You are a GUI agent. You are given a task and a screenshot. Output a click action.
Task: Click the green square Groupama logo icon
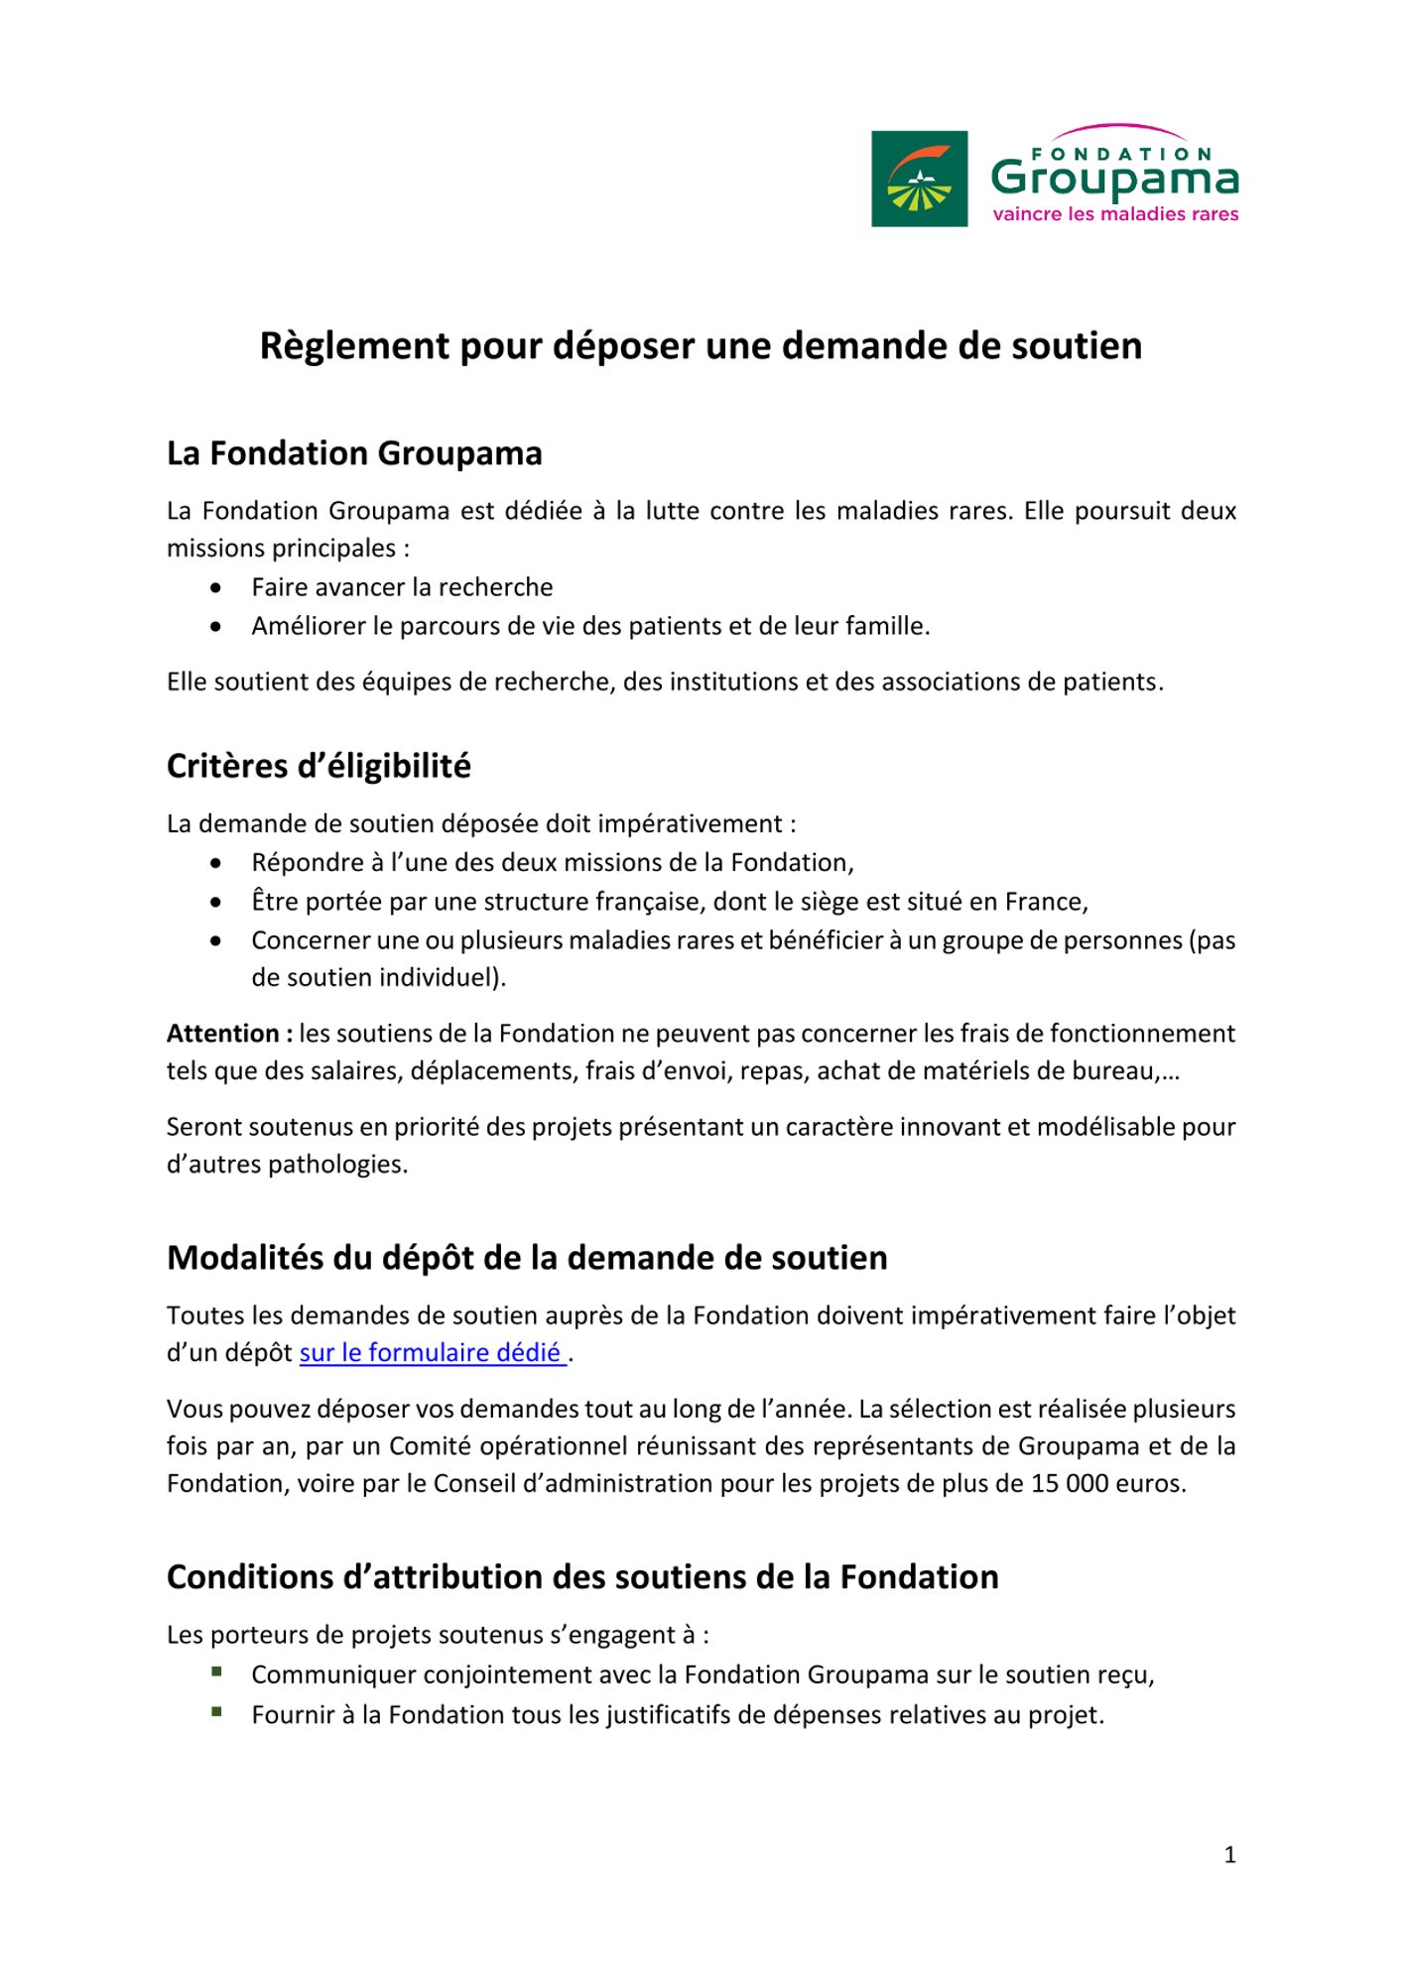point(919,179)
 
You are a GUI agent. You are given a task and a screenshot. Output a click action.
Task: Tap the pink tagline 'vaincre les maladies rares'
point(1115,214)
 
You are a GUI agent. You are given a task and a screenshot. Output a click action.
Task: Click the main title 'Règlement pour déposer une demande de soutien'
point(701,345)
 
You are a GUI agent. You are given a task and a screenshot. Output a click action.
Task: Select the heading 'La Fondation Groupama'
point(354,453)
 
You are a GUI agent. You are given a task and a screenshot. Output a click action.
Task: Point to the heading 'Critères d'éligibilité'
point(319,766)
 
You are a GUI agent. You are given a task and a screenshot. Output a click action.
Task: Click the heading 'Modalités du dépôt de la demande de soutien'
point(527,1258)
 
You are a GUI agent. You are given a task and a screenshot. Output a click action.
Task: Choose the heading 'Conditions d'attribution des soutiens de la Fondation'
point(582,1577)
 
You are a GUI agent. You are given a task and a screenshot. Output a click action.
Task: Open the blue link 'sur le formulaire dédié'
point(433,1353)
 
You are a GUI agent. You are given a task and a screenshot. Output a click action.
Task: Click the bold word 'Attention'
point(225,1034)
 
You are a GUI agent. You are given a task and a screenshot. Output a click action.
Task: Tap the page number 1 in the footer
point(1229,1855)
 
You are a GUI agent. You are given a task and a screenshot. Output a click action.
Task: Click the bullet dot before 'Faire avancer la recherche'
point(216,588)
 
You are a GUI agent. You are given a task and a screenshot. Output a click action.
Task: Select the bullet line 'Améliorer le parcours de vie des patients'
point(590,626)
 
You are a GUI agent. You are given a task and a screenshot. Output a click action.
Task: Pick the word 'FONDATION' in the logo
point(1121,155)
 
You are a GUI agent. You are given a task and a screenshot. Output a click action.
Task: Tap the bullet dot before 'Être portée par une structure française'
point(216,903)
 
